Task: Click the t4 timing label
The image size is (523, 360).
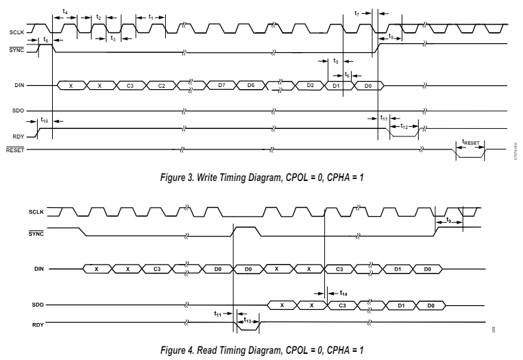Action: pyautogui.click(x=65, y=12)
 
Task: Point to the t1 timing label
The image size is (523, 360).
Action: pyautogui.click(x=151, y=16)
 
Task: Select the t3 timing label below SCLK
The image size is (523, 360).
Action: pyautogui.click(x=112, y=38)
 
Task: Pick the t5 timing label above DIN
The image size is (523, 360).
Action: pyautogui.click(x=335, y=61)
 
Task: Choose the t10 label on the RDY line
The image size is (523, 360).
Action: pyautogui.click(x=45, y=120)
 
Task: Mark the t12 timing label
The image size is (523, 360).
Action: pyautogui.click(x=404, y=127)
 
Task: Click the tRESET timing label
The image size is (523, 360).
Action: pyautogui.click(x=470, y=143)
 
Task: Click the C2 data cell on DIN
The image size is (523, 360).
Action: pyautogui.click(x=161, y=85)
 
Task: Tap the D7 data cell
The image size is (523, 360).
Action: pyautogui.click(x=221, y=85)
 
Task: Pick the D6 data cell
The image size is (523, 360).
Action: pyautogui.click(x=252, y=85)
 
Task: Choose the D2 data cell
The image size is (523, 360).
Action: pyautogui.click(x=311, y=85)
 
